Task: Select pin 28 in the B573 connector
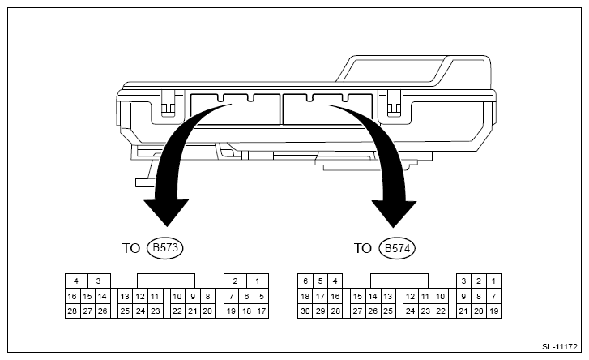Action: click(x=72, y=311)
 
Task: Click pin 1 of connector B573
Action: click(x=256, y=281)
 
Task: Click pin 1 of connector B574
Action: click(x=493, y=281)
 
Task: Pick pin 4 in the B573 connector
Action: click(x=76, y=281)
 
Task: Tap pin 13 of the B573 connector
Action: click(x=126, y=296)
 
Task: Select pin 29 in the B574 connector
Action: click(x=321, y=311)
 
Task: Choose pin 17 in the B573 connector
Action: click(x=261, y=311)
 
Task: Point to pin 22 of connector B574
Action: click(x=441, y=311)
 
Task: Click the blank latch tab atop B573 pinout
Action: click(x=165, y=281)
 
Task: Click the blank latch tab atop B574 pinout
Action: click(x=399, y=281)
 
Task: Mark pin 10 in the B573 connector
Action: click(x=177, y=296)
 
